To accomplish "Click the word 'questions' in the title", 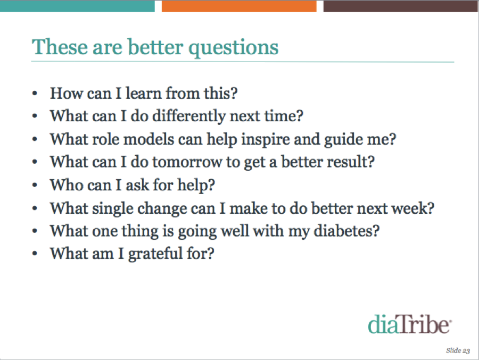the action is click(234, 48).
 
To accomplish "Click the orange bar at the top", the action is click(239, 6).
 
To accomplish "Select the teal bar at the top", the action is click(77, 6).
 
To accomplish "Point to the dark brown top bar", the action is click(400, 6).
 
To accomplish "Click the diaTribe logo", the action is click(409, 324).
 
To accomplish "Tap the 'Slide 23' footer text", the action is click(458, 350).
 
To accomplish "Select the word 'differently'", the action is click(189, 117).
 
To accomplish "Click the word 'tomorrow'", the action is click(187, 162).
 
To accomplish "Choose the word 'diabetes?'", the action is click(346, 231).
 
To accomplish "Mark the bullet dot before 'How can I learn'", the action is click(35, 93).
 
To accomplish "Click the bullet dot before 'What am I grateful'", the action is click(35, 254).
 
